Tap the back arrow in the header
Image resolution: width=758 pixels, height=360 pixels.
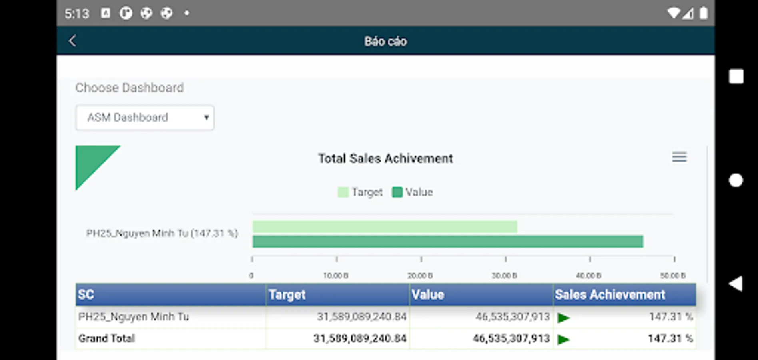tap(72, 41)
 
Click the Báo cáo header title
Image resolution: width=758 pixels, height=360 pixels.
tap(385, 41)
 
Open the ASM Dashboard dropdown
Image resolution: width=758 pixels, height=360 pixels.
tap(145, 118)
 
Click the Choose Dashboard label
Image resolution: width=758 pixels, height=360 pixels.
tap(130, 88)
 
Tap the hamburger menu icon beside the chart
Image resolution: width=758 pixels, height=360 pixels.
tap(679, 157)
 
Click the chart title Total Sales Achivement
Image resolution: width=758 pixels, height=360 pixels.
tap(385, 158)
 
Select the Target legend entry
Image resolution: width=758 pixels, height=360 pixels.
tap(361, 192)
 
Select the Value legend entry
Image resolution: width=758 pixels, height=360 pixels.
tap(413, 192)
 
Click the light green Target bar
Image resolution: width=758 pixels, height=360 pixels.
tap(385, 227)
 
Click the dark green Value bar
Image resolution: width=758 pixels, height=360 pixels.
tap(448, 242)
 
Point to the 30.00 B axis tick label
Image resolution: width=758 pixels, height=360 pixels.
tap(504, 276)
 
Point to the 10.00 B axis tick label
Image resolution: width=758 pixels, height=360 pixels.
tap(336, 276)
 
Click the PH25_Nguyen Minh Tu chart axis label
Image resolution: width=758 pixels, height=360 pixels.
tap(162, 233)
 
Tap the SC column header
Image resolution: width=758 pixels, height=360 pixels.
tap(86, 295)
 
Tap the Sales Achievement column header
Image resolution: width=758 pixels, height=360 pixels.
tap(610, 295)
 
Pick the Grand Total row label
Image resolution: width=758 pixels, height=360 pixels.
tap(107, 338)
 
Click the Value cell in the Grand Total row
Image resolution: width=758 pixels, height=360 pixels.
tap(511, 338)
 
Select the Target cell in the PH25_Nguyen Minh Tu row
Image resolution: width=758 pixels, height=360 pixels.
tap(361, 317)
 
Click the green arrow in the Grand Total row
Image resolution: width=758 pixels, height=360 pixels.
tap(564, 340)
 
